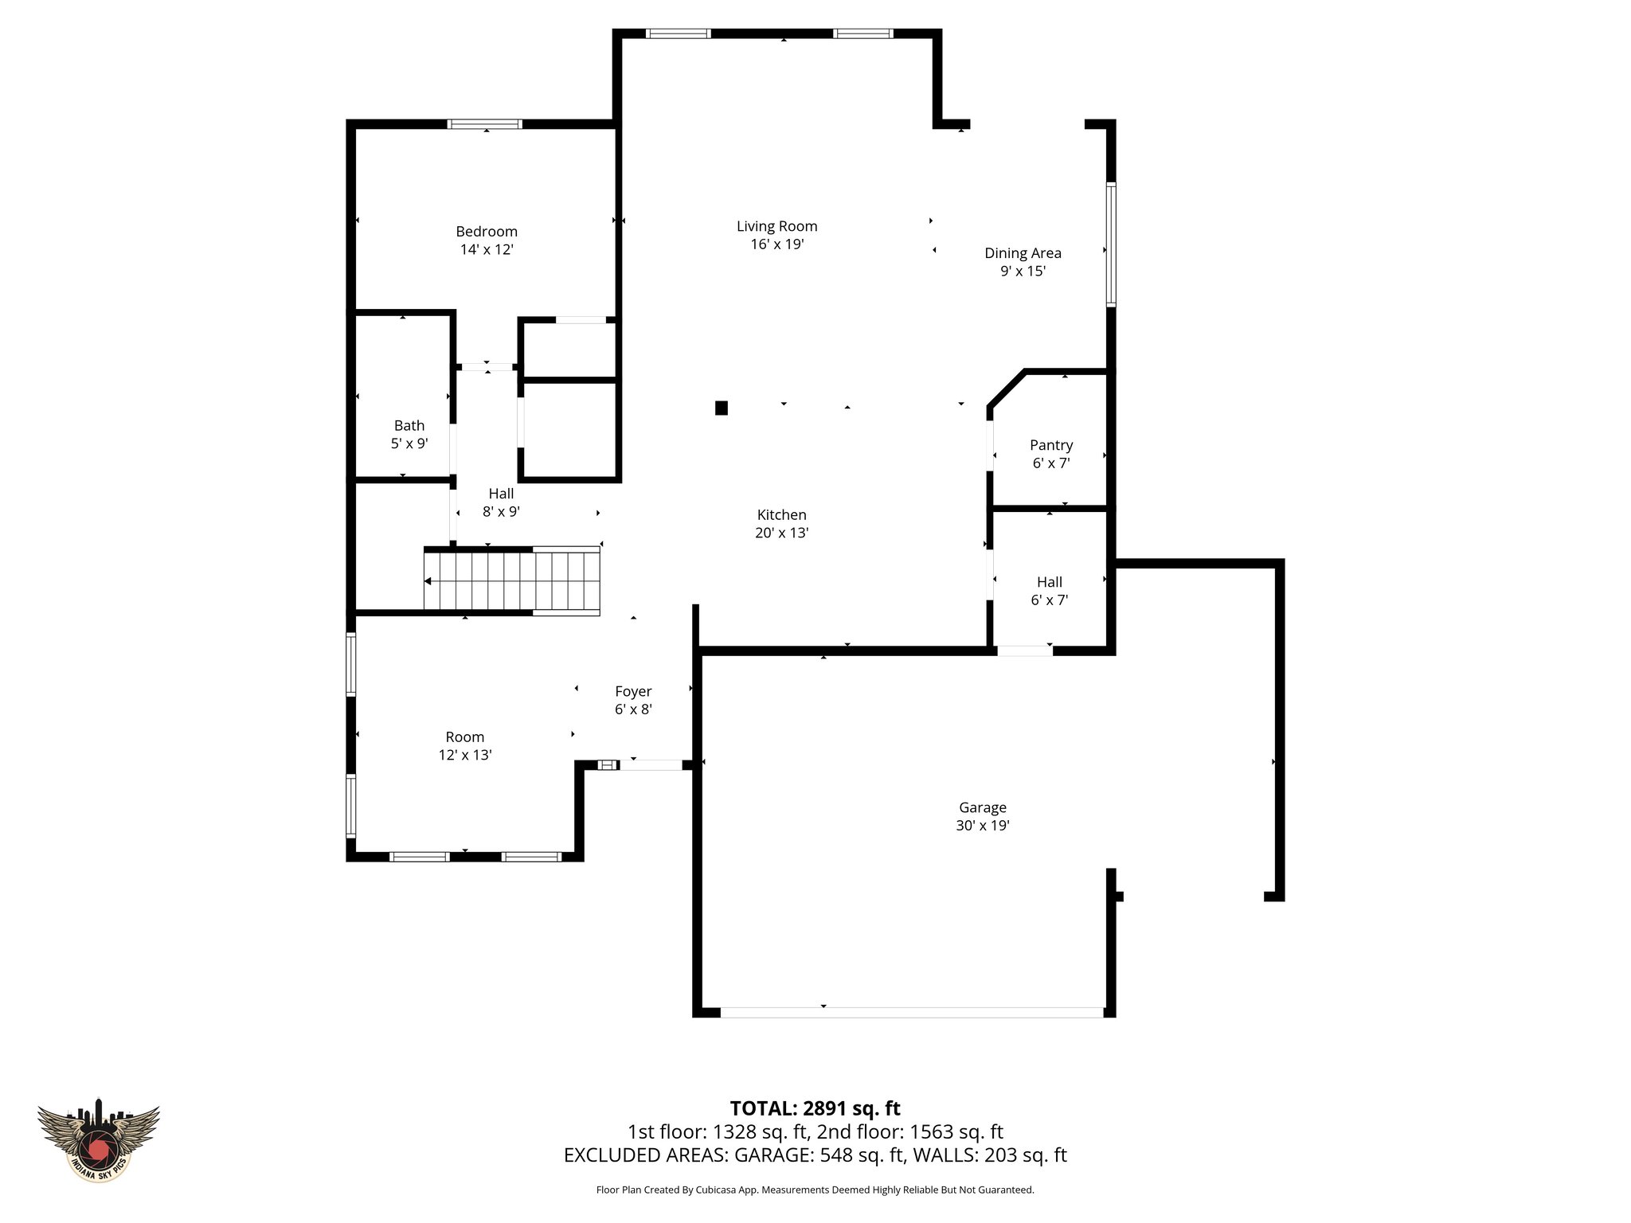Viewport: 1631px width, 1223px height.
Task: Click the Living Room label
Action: tap(776, 227)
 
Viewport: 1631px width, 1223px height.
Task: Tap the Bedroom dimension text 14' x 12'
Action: tap(487, 250)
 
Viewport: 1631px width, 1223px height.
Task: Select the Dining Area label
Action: tap(1023, 253)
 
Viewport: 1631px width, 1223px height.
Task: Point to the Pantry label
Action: tap(1050, 445)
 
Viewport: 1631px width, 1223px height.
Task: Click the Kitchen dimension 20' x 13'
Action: tap(781, 533)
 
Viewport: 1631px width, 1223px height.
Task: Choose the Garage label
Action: tap(982, 807)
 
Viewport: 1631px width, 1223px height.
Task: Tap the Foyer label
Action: tap(633, 691)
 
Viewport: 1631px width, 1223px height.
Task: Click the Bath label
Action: tap(409, 426)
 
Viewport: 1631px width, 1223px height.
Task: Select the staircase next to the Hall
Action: tap(511, 581)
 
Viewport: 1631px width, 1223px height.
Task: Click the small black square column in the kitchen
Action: tap(722, 408)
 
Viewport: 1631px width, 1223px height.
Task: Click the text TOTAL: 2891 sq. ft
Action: tap(815, 1108)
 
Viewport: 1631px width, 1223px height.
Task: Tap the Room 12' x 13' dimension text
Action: tap(465, 755)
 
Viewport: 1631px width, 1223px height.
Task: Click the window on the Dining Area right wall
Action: tap(1110, 244)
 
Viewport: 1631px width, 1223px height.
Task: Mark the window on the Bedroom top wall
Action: tap(485, 124)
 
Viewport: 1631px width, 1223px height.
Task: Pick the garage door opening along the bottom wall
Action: tap(911, 1013)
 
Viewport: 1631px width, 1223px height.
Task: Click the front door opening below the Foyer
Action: tap(651, 765)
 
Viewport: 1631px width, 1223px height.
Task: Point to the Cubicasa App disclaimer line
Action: tap(815, 1190)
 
